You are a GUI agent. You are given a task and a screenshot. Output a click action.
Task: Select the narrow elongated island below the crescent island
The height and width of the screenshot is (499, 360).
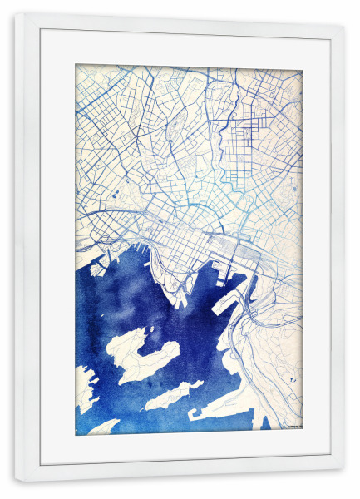pyautogui.click(x=166, y=398)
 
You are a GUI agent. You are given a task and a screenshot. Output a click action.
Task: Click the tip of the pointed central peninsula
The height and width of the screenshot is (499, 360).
pyautogui.click(x=178, y=304)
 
